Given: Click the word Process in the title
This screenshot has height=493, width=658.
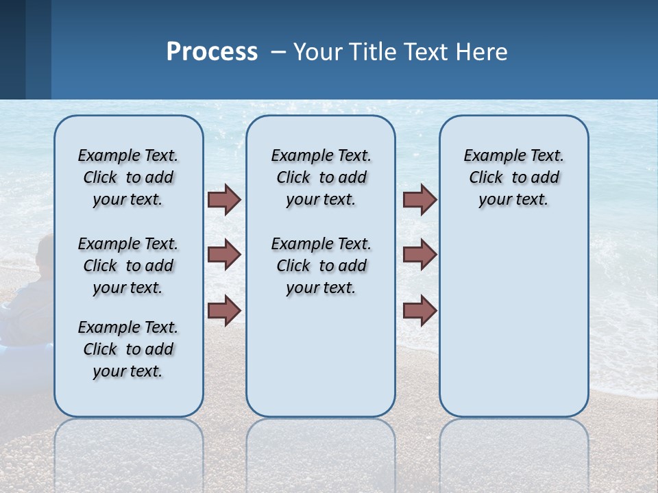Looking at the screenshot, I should [212, 52].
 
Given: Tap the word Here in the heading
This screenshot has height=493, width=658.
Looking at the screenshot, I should [483, 52].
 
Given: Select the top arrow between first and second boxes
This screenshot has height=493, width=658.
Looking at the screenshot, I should [224, 199].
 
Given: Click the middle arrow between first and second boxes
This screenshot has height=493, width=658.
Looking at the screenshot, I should [224, 255].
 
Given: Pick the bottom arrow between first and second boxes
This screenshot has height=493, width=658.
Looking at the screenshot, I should [224, 310].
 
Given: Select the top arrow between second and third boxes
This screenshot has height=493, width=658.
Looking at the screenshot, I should [419, 199].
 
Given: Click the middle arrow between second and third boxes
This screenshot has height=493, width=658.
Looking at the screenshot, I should [419, 255].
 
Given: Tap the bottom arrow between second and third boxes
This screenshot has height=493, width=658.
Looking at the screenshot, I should [419, 310].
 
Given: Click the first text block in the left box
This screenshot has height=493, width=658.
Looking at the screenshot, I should [128, 177].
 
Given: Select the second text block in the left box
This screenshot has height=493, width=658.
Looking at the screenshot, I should [128, 266].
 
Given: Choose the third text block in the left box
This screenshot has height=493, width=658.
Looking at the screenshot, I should [128, 349].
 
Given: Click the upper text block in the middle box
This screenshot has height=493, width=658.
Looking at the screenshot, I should [321, 177].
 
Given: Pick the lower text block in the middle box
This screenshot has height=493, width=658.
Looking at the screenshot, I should [321, 266].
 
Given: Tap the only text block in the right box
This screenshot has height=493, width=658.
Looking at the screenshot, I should [513, 177].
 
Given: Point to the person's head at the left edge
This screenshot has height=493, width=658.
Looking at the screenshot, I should [45, 251].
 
